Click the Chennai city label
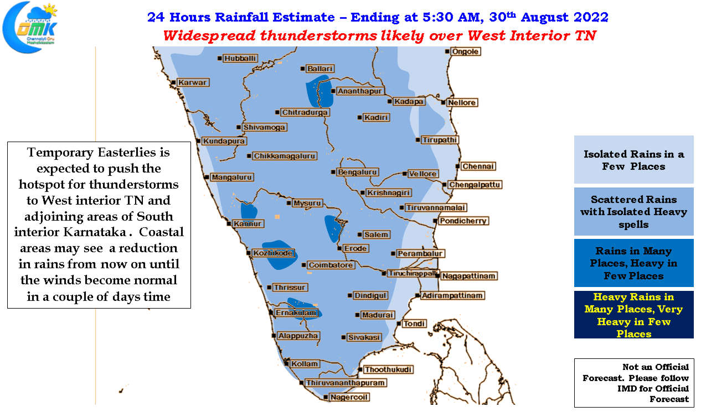[x=478, y=166]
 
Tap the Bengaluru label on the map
[x=357, y=172]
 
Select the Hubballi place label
[x=240, y=59]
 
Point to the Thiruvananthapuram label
[x=346, y=383]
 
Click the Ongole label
[x=465, y=51]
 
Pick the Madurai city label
[x=378, y=315]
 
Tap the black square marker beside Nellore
[x=443, y=102]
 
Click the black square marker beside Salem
[x=360, y=234]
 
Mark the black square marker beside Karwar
[x=173, y=82]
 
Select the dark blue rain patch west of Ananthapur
[x=319, y=93]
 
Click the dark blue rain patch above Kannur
[x=249, y=211]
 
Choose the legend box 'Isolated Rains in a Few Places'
[x=633, y=159]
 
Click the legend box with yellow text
[x=633, y=315]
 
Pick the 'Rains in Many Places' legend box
[x=633, y=263]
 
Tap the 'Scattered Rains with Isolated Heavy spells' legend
[x=633, y=211]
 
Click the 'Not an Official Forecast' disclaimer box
[x=634, y=383]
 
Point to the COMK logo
[x=30, y=28]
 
